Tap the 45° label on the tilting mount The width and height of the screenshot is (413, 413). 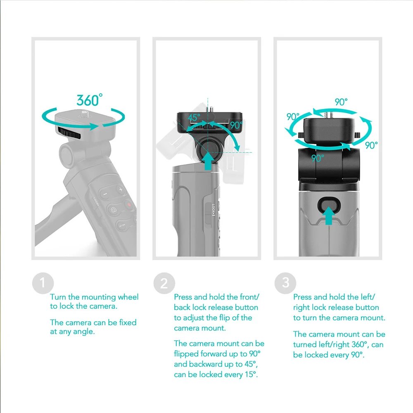tap(194, 118)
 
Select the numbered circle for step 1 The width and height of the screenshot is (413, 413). tap(43, 283)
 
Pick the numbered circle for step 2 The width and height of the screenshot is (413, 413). tap(164, 283)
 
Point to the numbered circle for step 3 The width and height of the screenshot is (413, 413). tap(285, 283)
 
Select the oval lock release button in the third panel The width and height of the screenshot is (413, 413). tap(329, 204)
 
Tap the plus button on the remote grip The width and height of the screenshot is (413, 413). tap(121, 190)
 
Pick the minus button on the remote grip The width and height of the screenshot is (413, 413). tap(105, 194)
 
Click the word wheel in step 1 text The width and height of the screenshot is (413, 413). tap(128, 297)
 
